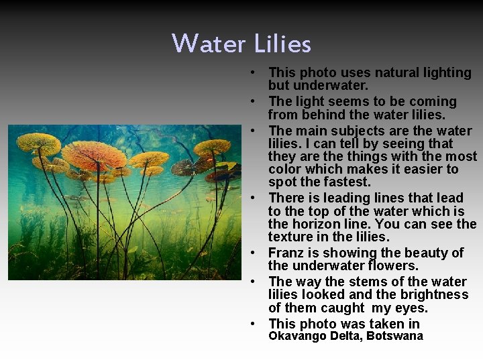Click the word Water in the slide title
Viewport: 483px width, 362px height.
(x=209, y=44)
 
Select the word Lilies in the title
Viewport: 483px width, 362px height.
(x=282, y=44)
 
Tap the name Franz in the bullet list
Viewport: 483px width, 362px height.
(x=286, y=253)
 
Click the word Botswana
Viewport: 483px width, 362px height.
(x=394, y=337)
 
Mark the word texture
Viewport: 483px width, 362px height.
(x=290, y=237)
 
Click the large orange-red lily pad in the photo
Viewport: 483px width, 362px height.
(x=94, y=156)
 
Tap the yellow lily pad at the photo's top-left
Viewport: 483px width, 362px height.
(x=39, y=141)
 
